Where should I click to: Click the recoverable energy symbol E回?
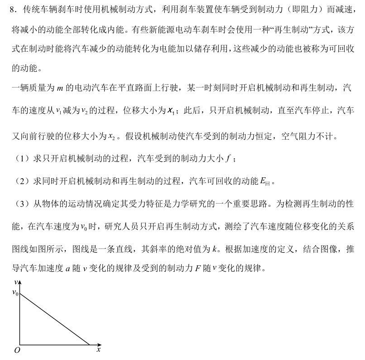tap(265, 182)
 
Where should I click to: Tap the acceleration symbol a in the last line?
tap(67, 269)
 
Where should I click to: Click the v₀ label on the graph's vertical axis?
tap(15, 293)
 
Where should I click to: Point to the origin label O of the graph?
tap(17, 350)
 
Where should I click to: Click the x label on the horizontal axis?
tap(98, 350)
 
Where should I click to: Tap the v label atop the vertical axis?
tap(16, 283)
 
